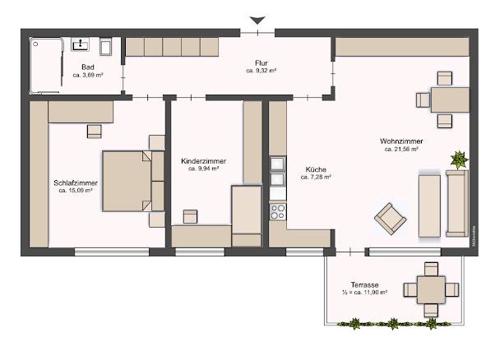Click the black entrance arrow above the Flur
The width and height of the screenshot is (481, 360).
[x=259, y=20]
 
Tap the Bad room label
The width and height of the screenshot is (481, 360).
[x=87, y=67]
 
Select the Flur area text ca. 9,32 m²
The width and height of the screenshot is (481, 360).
[x=261, y=72]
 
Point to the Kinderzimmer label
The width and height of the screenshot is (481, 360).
[x=203, y=161]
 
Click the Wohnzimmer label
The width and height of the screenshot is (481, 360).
[x=401, y=141]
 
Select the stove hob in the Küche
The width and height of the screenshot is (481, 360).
[x=277, y=210]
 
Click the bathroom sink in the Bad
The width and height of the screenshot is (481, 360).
[x=81, y=45]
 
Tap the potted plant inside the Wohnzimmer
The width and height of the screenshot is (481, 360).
[x=457, y=159]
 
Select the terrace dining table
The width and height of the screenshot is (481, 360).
[x=430, y=289]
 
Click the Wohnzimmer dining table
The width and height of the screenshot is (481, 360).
[x=449, y=99]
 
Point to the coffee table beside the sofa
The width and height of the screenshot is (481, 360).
[x=429, y=204]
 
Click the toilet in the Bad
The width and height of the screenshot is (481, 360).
[x=104, y=45]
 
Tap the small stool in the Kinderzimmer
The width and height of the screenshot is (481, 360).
[x=190, y=216]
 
